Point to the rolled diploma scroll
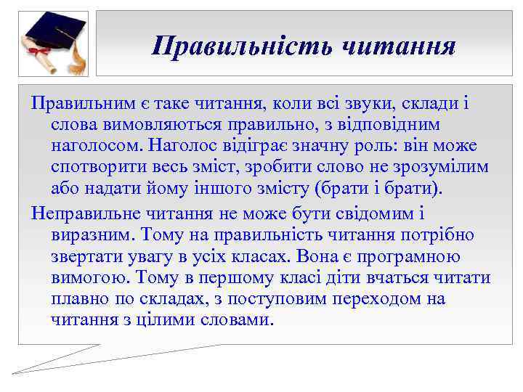pos(40,55)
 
